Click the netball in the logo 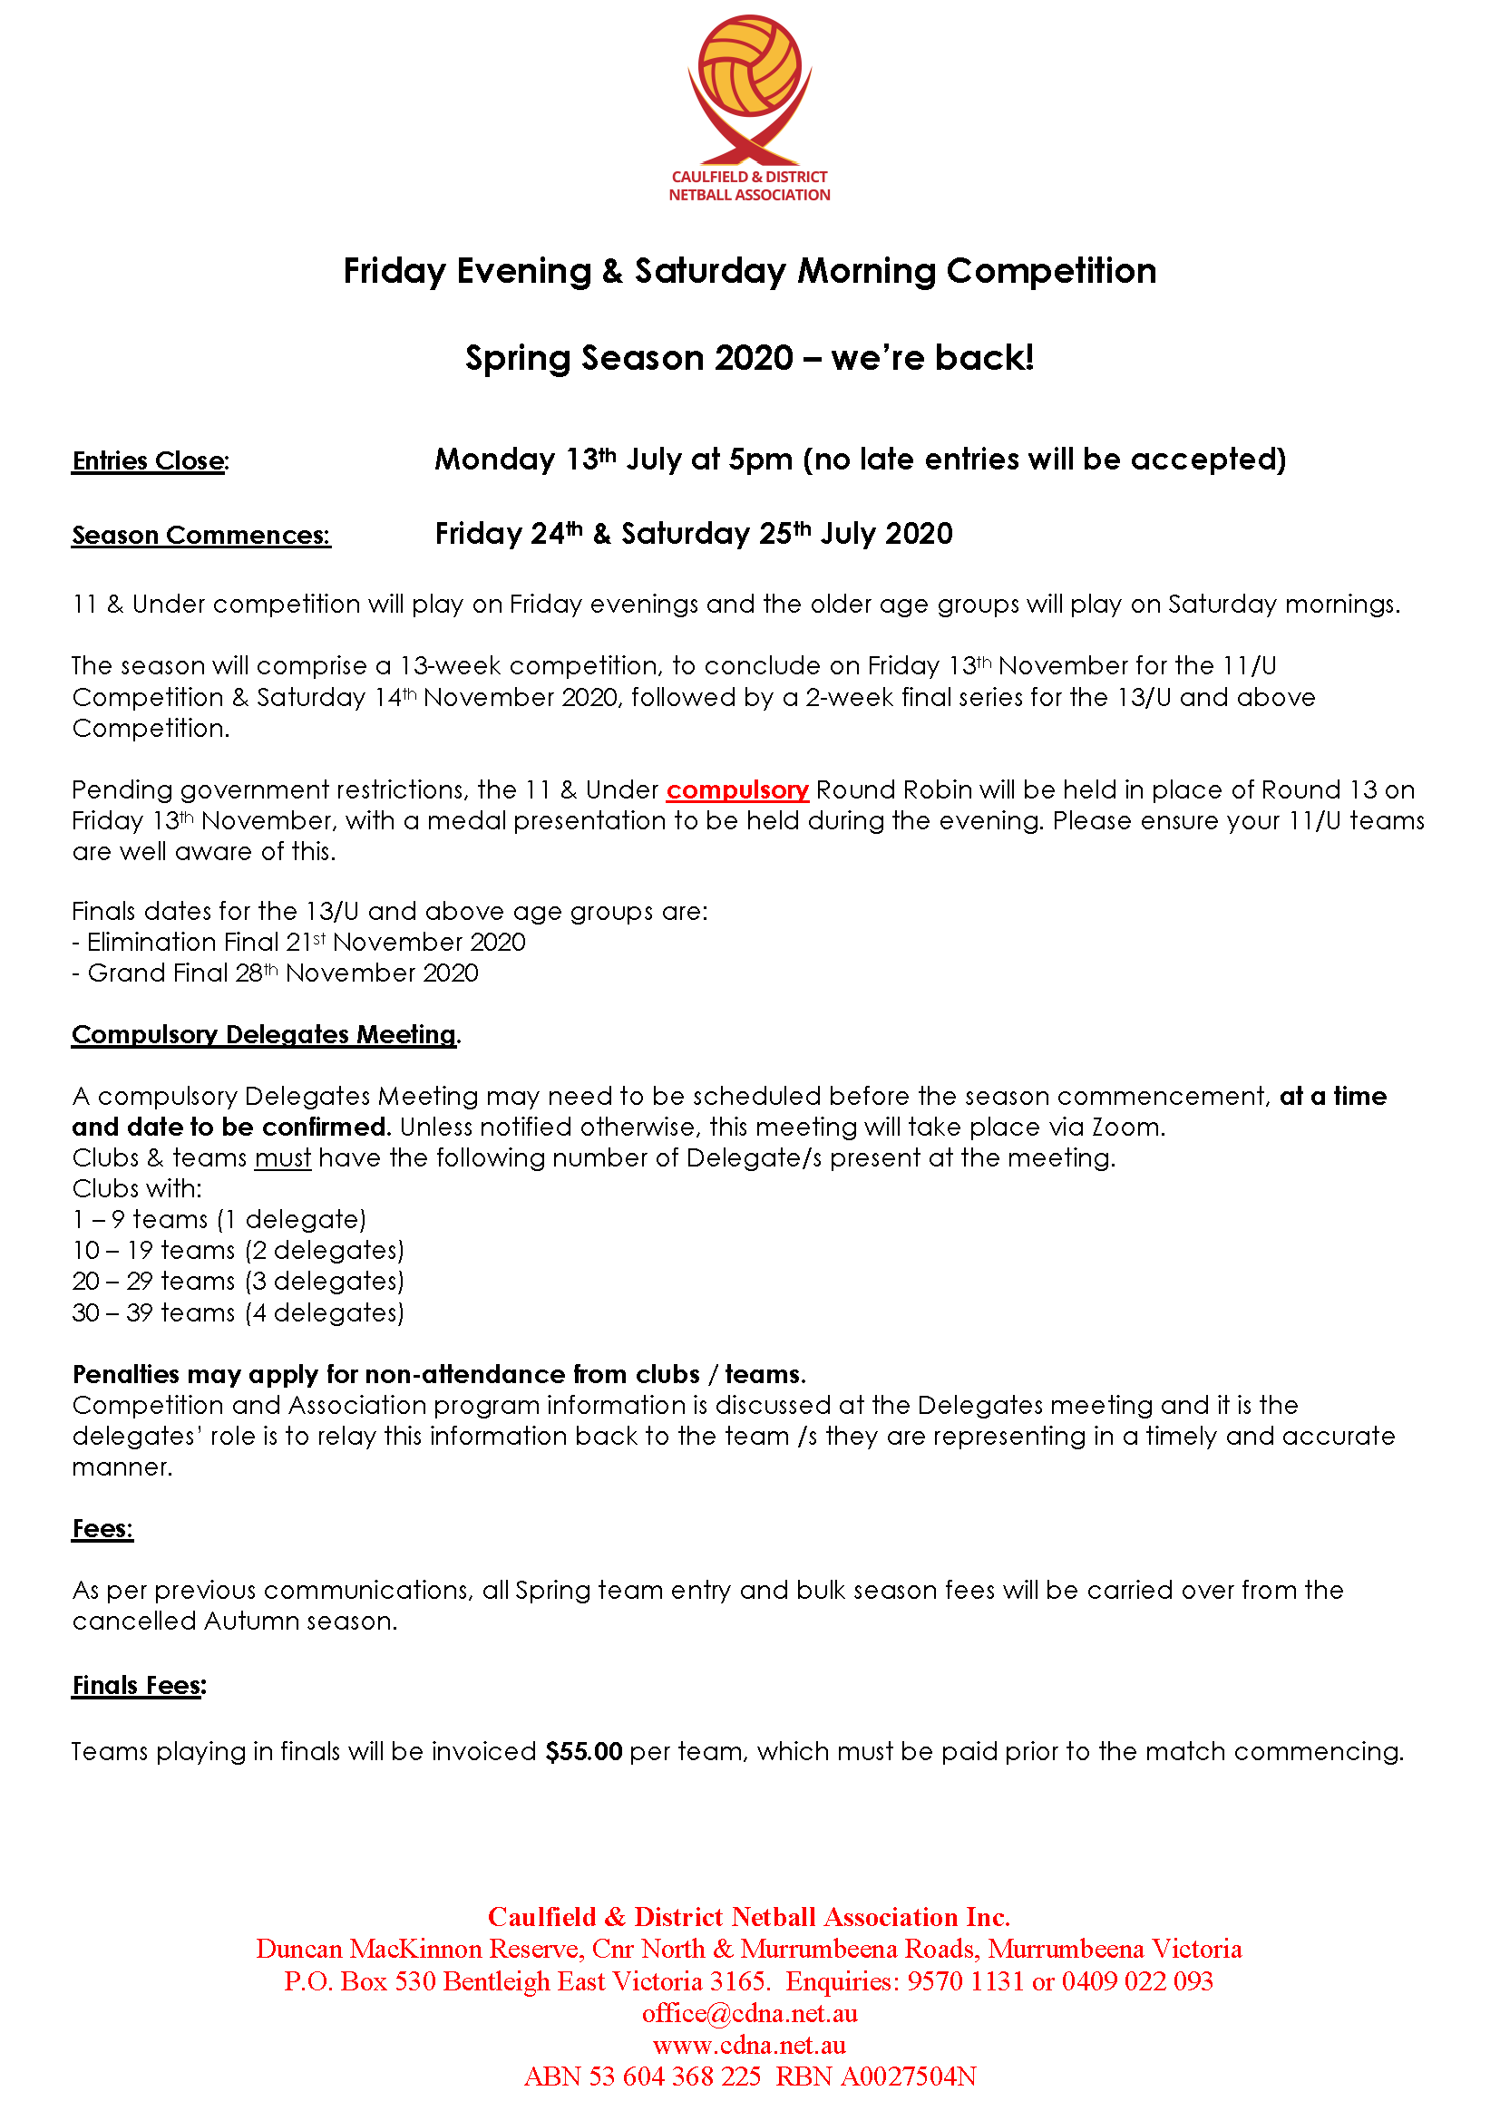point(749,67)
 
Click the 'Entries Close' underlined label point(150,460)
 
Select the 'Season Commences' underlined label point(200,535)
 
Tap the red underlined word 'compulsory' point(737,790)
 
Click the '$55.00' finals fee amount point(584,1752)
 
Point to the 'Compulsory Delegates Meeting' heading point(264,1034)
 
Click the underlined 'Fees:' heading point(102,1528)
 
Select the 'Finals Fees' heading point(139,1685)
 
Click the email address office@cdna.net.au point(749,2013)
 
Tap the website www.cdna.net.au point(749,2044)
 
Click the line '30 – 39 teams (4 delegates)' point(239,1312)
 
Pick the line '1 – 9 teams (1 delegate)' point(219,1219)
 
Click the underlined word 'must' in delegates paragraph point(283,1157)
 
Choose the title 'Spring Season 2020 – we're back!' point(749,358)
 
